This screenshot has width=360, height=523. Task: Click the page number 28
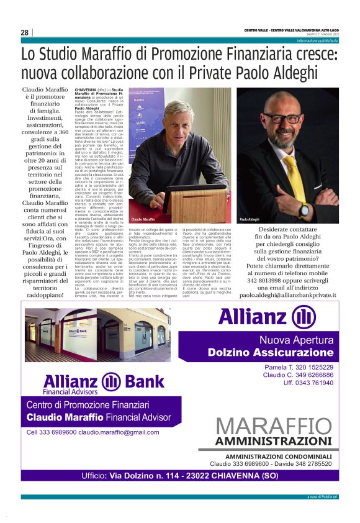(25, 32)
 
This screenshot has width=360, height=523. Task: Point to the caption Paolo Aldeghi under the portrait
(250, 220)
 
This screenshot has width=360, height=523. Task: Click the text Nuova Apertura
(295, 340)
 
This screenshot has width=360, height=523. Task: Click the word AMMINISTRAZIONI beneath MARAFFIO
(277, 442)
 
